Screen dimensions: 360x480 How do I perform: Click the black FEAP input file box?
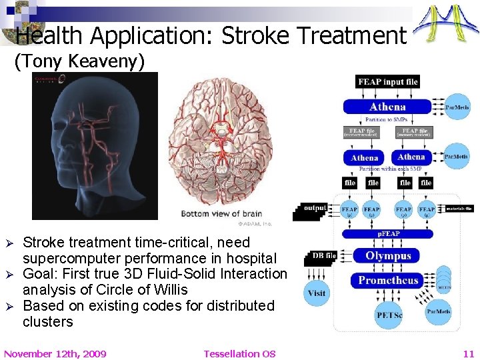pos(387,82)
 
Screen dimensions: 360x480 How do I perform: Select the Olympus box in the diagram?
pos(388,256)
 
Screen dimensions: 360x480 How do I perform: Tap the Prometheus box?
pos(388,280)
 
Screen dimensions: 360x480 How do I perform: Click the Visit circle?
pos(317,293)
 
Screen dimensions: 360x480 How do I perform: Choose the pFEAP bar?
pos(388,234)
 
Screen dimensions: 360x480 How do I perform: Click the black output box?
pos(314,208)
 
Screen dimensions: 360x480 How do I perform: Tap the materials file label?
pos(459,209)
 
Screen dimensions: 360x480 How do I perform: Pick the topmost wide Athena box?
pos(388,107)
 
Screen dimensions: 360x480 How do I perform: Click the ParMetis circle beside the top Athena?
pos(457,106)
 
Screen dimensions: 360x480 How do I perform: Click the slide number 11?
pos(468,353)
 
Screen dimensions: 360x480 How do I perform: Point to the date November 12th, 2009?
pos(55,353)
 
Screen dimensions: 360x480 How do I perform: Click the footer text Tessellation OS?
pos(239,353)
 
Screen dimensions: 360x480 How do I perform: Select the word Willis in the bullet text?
pos(166,290)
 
